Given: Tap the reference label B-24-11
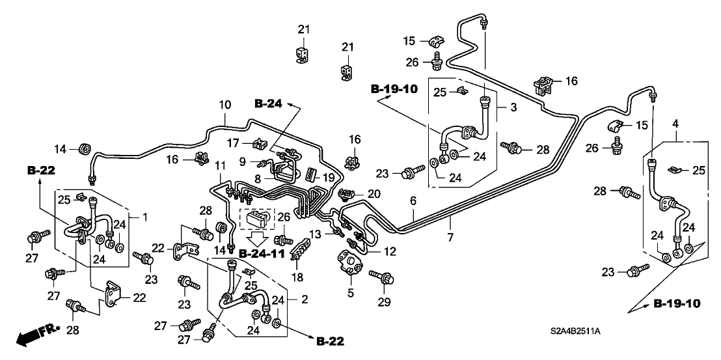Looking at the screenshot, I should click(262, 253).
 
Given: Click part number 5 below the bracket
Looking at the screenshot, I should click(350, 293).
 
